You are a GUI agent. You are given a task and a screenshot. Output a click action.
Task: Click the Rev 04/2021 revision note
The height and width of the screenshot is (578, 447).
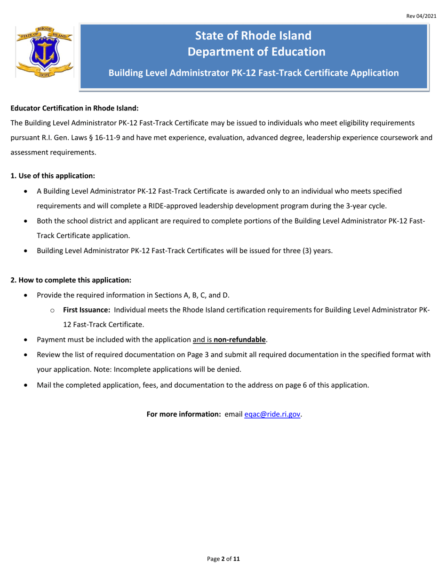(421, 16)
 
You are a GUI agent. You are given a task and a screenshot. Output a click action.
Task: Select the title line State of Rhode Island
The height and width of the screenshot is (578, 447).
(253, 36)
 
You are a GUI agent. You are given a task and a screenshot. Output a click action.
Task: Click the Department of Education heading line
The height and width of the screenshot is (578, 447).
(256, 52)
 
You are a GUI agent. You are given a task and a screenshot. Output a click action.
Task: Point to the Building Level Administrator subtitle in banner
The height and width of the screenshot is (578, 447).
(254, 73)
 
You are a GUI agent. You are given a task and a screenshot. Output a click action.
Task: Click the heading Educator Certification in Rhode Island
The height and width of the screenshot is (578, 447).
(74, 108)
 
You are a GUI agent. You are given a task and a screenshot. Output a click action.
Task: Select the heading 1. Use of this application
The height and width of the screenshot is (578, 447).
(53, 176)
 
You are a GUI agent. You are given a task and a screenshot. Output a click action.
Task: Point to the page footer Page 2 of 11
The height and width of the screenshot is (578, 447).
(223, 559)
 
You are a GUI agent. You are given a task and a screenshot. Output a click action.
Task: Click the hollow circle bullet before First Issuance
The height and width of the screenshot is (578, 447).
(53, 311)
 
